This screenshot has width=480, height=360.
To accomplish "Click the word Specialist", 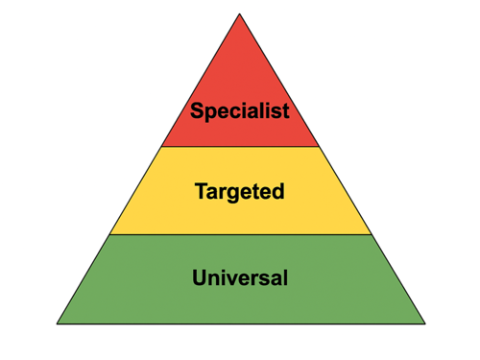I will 240,111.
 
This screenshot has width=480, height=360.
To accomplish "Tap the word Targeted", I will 240,192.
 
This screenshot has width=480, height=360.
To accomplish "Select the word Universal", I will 240,279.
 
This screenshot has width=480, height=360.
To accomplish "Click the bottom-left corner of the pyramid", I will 57,324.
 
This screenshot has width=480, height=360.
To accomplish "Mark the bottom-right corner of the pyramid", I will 424,324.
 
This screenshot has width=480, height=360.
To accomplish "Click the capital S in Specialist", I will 197,110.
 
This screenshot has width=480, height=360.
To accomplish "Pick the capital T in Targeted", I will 201,191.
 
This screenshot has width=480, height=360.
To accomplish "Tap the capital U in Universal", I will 200,279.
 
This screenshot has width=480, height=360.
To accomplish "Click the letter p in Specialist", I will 211,113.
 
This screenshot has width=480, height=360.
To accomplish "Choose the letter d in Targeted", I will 278,192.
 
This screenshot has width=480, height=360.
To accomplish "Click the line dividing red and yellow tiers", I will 240,147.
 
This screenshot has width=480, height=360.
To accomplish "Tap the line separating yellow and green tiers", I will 240,234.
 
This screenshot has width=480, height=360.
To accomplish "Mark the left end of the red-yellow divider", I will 161,147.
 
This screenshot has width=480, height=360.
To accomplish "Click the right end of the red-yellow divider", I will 320,147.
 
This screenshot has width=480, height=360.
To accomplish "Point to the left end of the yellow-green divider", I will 109,234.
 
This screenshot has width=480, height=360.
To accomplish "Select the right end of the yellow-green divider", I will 372,234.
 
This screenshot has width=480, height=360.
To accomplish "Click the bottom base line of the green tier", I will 240,324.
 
